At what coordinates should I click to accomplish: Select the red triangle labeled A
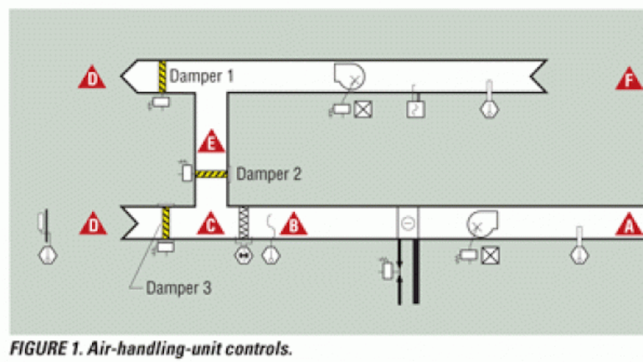[628, 225]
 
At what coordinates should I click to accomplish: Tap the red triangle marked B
[292, 225]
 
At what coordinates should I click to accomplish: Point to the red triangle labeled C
[211, 225]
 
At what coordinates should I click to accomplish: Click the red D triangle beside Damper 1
[92, 79]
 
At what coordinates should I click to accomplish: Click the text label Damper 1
[202, 76]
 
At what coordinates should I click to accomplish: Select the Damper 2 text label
[268, 174]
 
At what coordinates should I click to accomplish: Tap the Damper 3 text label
[178, 287]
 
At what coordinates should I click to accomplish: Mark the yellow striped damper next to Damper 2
[212, 174]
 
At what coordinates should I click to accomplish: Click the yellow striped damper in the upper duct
[162, 77]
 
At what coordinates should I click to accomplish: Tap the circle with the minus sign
[408, 224]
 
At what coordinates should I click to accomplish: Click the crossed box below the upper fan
[363, 109]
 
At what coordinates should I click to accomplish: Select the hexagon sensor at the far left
[48, 252]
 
